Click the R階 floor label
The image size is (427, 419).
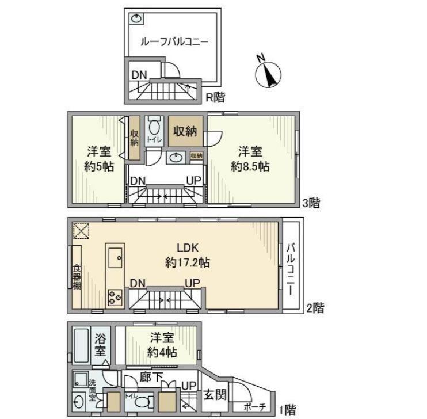click(x=216, y=97)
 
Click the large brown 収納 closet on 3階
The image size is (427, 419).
click(x=185, y=130)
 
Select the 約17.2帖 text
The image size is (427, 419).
click(x=187, y=262)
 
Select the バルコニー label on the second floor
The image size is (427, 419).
click(x=291, y=268)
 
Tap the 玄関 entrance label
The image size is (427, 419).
click(x=209, y=396)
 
